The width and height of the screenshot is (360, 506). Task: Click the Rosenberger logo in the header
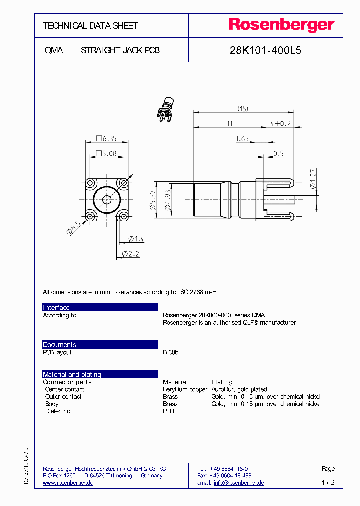pyautogui.click(x=281, y=25)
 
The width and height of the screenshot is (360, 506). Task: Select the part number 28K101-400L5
pyautogui.click(x=265, y=50)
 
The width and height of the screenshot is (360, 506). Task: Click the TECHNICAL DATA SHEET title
pyautogui.click(x=90, y=26)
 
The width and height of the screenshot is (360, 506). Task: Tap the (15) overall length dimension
pyautogui.click(x=243, y=108)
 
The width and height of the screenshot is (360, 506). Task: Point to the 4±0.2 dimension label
pyautogui.click(x=280, y=123)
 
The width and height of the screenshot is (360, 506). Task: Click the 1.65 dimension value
pyautogui.click(x=242, y=139)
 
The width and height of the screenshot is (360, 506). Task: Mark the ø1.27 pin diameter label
pyautogui.click(x=313, y=179)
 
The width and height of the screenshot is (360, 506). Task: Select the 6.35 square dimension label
pyautogui.click(x=106, y=139)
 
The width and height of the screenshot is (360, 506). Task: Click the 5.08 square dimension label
pyautogui.click(x=106, y=153)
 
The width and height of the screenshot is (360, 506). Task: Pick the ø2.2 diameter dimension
pyautogui.click(x=131, y=254)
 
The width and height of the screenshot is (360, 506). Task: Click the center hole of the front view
pyautogui.click(x=107, y=200)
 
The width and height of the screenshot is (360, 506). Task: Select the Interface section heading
pyautogui.click(x=56, y=308)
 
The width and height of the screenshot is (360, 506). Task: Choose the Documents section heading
pyautogui.click(x=59, y=345)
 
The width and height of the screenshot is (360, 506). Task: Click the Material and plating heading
pyautogui.click(x=72, y=374)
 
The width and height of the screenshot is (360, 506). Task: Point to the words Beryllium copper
pyautogui.click(x=185, y=389)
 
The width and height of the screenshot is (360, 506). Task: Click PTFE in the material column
pyautogui.click(x=170, y=411)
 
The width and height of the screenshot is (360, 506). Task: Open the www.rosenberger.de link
pyautogui.click(x=68, y=483)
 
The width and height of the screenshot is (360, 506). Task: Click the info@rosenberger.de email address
pyautogui.click(x=238, y=483)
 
